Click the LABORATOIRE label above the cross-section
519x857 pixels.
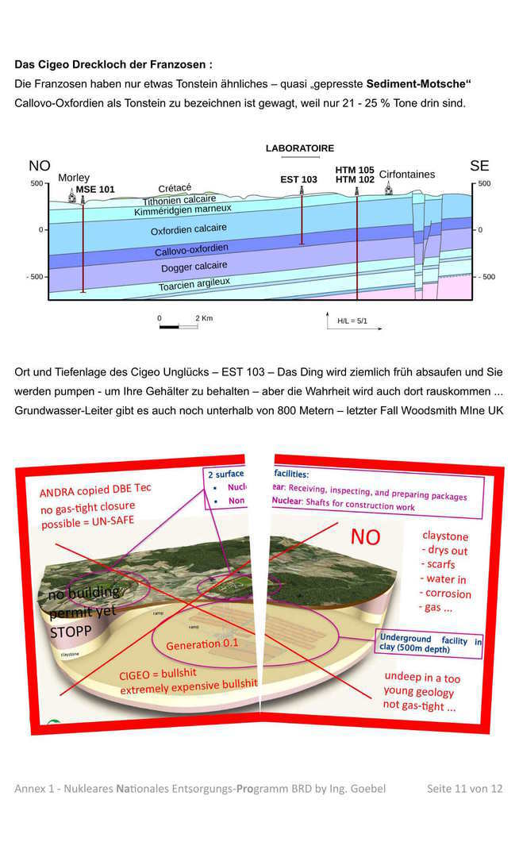[x=299, y=148]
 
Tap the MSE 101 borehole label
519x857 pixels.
[x=95, y=190]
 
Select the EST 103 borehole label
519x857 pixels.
[x=298, y=180]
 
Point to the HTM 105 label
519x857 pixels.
[x=354, y=170]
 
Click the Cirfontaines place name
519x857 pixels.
[x=406, y=175]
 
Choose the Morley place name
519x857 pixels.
[x=74, y=178]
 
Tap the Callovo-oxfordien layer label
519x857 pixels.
[x=191, y=251]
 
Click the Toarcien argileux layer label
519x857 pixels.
[x=194, y=282]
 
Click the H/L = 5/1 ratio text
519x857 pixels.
[x=352, y=321]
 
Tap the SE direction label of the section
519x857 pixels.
[x=479, y=166]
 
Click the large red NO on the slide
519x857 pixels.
[x=366, y=537]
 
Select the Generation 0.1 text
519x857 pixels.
[x=202, y=644]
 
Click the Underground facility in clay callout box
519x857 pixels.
[x=430, y=643]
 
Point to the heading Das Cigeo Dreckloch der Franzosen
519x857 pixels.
[x=113, y=64]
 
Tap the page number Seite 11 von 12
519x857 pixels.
[x=464, y=788]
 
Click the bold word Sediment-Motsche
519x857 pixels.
[x=419, y=83]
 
